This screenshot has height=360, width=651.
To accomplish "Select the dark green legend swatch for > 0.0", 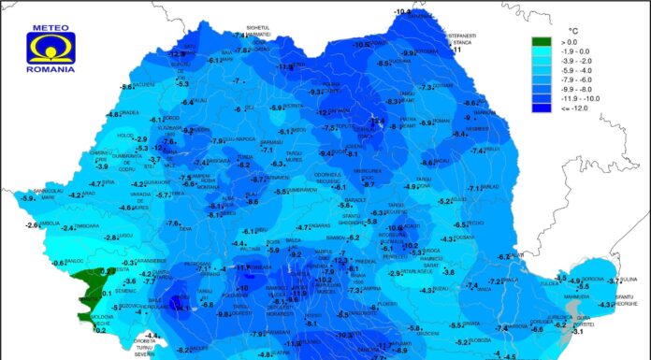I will pyautogui.click(x=542, y=42).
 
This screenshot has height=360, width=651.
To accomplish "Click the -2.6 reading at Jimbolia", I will pyautogui.click(x=34, y=224).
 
